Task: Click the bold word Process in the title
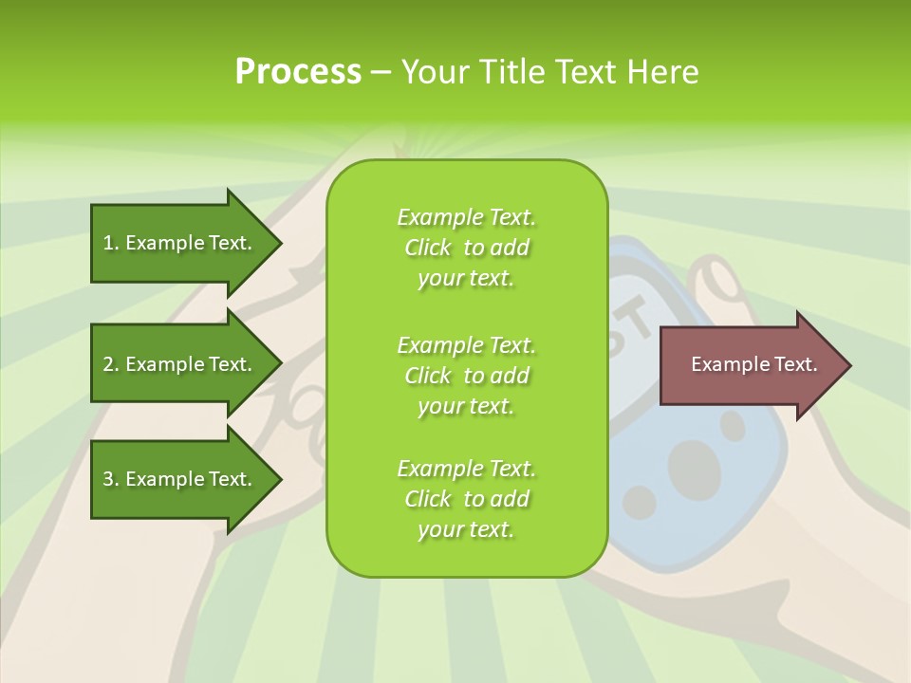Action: tap(298, 72)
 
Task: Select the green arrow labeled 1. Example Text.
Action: tap(177, 243)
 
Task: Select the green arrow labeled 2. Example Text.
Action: tap(177, 364)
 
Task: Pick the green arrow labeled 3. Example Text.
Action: tap(177, 479)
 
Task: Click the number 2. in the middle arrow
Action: tap(111, 364)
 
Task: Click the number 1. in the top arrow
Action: tap(111, 243)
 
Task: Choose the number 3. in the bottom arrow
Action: tap(111, 479)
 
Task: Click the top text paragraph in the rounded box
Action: tap(466, 248)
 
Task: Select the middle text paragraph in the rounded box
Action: tap(466, 376)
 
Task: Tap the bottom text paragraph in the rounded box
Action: tap(466, 499)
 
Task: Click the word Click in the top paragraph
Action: tap(428, 248)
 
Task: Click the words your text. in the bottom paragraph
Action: tap(466, 530)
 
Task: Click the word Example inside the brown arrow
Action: tap(725, 364)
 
